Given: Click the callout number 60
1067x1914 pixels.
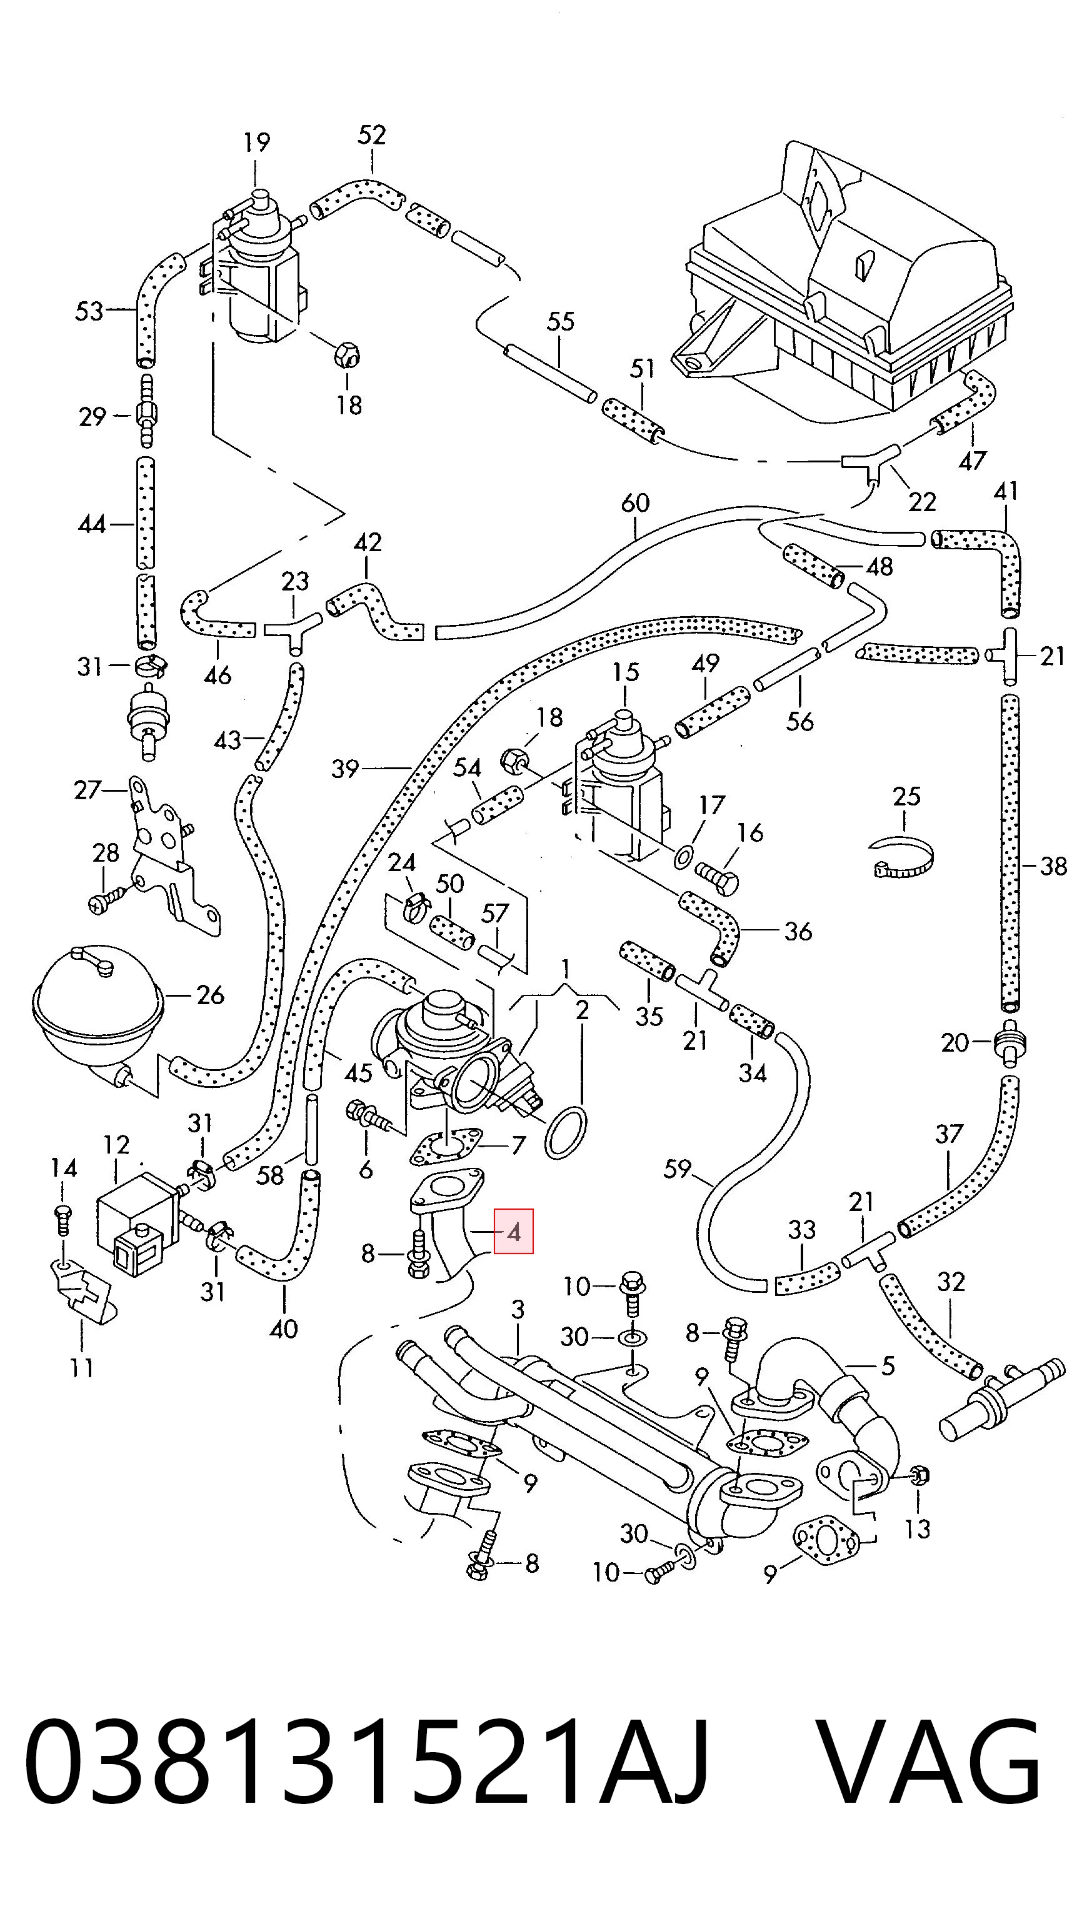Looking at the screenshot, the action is click(635, 504).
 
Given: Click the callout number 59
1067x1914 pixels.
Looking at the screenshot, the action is click(677, 1169).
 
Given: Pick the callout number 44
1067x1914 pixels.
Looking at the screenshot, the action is click(92, 524).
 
